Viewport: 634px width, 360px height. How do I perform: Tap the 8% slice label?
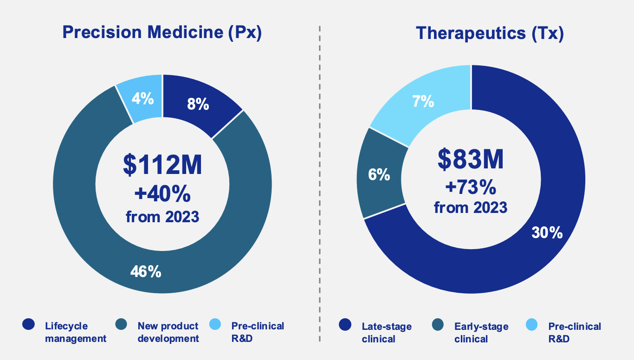tap(198, 104)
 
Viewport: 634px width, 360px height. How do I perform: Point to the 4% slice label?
tap(142, 98)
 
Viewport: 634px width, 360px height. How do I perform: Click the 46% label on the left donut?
tap(145, 271)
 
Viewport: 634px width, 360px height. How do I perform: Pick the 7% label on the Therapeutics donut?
tap(423, 101)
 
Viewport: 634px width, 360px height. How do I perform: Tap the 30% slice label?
tap(547, 232)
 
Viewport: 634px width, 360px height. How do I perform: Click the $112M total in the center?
tap(162, 165)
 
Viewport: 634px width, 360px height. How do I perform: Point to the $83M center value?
tap(471, 159)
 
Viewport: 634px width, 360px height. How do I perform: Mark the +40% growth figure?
tap(162, 194)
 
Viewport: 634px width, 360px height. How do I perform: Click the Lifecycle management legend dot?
tap(29, 325)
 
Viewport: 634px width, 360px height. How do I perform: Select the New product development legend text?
tap(168, 332)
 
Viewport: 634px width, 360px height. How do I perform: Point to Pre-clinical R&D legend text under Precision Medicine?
tap(258, 332)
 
